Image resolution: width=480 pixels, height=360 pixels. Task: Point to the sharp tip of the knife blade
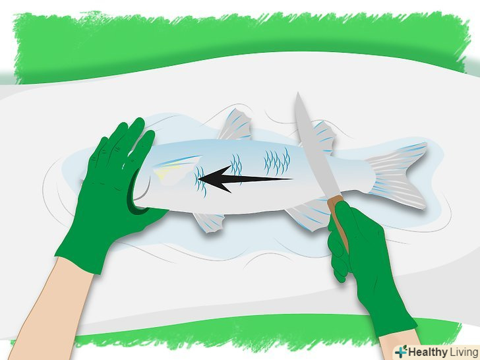pos(297,93)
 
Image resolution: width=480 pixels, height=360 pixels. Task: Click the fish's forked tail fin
pos(398,175)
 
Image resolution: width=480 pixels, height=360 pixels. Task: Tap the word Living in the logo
pos(464,352)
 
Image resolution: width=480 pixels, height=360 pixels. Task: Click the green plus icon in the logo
pos(402,351)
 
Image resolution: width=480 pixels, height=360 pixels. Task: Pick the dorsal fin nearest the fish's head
pos(235,125)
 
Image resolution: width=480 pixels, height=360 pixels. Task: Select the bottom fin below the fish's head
pos(209,222)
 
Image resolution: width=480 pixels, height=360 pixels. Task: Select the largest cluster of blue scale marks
pos(277,162)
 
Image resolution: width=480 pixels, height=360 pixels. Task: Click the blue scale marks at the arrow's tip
pos(200,181)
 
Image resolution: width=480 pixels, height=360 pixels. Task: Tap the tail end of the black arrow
pos(291,179)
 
